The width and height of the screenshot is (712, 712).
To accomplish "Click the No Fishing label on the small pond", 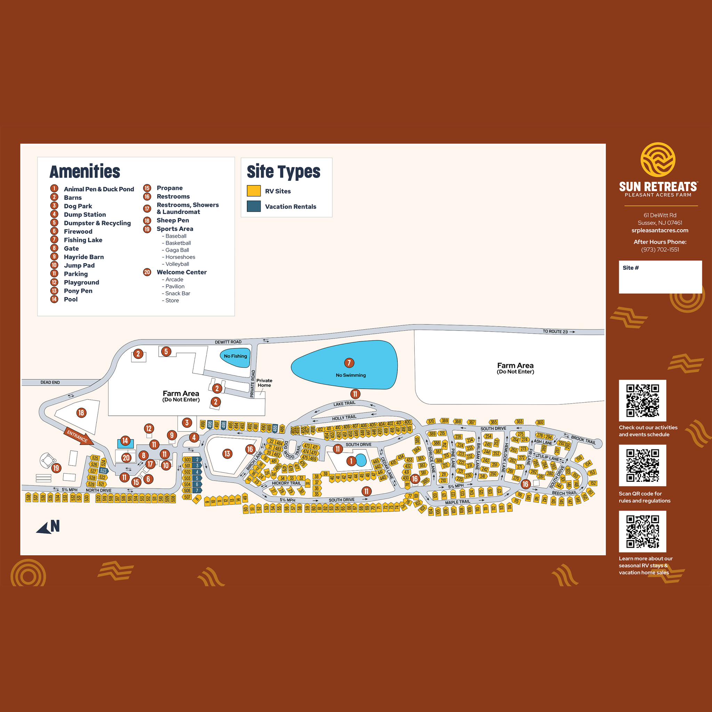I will (235, 356).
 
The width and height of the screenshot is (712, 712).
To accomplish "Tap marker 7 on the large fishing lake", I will (349, 363).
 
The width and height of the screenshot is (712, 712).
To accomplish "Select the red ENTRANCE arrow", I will (78, 436).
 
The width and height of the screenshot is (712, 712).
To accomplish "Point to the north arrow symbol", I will (48, 527).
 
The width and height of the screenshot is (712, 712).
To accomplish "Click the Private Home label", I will (264, 382).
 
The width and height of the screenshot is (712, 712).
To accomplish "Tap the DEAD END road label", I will (50, 382).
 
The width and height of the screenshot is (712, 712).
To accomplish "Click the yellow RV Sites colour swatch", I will (253, 191).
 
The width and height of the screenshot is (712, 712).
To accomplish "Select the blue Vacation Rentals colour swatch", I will (253, 207).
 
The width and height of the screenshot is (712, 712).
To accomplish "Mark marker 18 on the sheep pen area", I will (81, 413).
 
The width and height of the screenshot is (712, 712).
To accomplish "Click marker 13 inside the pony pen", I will (227, 454).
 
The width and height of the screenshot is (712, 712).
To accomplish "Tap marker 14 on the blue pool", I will (125, 441).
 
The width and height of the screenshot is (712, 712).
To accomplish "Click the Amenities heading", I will (85, 172).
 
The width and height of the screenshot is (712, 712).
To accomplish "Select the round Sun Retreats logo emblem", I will (658, 160).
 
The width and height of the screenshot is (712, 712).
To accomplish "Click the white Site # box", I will (660, 277).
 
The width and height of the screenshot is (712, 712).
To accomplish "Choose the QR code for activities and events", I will (642, 400).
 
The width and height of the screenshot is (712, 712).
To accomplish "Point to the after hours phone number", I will (660, 250).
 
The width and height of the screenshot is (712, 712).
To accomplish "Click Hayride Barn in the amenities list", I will (84, 257).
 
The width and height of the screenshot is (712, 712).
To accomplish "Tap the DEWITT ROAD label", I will (228, 342).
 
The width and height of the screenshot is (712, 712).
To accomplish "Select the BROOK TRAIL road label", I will (583, 440).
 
